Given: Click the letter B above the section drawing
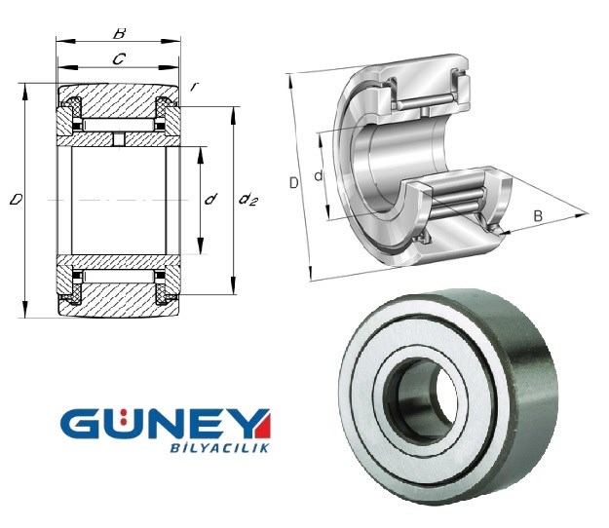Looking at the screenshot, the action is pos(119,33).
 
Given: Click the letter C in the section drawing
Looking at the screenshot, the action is pos(119,59).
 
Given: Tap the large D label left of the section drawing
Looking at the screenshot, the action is pos(16,200).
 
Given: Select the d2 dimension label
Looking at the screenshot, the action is pos(248,200).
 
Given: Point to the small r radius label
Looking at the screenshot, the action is pos(192,87).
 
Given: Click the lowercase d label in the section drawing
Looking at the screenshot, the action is pos(210,199).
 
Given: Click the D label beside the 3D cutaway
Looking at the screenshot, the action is pos(294,182).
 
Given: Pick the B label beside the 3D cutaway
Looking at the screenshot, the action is pos(538,216).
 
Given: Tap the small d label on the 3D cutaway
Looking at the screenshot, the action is pos(319,176).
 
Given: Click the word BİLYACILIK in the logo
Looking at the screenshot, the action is pos(219,448).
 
